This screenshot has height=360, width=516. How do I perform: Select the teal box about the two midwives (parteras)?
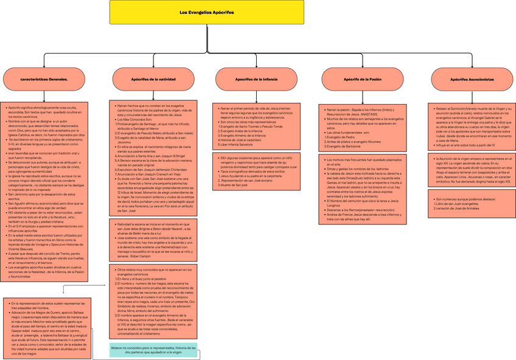point(153,350)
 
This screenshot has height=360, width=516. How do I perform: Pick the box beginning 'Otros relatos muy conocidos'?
point(153,302)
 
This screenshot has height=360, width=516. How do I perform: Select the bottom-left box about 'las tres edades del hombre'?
point(47,328)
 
